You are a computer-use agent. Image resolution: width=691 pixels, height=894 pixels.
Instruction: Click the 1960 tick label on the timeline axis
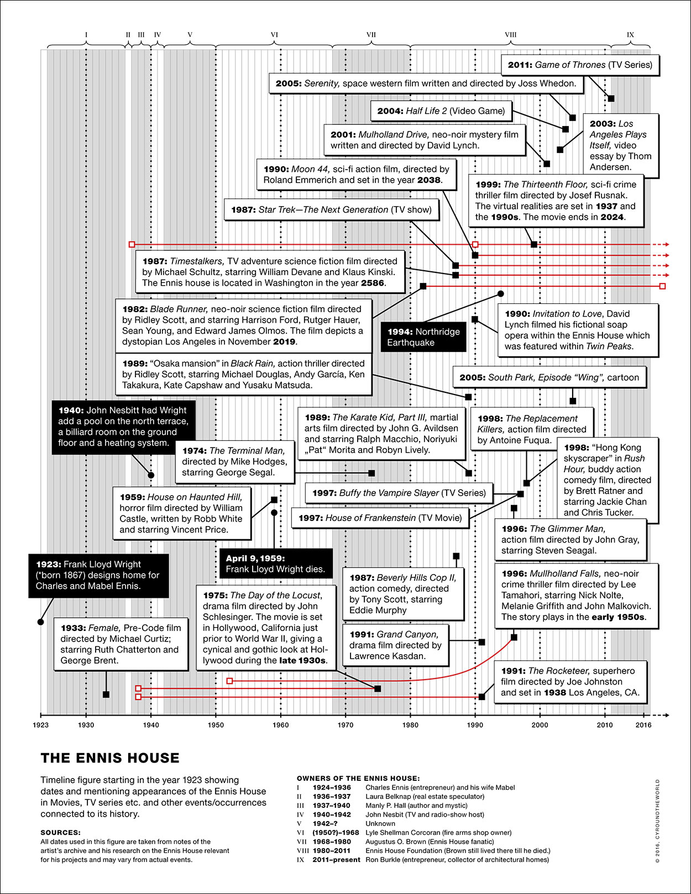(281, 725)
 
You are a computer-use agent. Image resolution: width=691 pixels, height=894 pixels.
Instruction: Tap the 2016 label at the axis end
(643, 725)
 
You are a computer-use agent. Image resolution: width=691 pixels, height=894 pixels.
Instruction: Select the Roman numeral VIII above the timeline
(510, 35)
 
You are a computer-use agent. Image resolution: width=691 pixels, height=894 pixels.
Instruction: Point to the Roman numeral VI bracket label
(274, 35)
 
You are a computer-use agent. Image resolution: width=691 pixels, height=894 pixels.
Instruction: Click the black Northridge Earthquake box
(423, 337)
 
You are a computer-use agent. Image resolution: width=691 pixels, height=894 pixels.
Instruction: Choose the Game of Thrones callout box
(580, 65)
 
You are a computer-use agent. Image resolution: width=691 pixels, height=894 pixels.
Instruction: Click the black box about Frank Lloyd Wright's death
(276, 564)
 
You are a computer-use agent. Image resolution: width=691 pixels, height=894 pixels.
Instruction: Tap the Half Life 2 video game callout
(441, 111)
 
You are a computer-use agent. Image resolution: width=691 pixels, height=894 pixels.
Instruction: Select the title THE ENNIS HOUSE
(110, 758)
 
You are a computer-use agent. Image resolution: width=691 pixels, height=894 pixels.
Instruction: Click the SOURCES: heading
(60, 833)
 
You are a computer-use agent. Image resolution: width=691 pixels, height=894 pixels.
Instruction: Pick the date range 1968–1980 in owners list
(332, 842)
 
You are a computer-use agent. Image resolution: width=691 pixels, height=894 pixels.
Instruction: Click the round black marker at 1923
(40, 622)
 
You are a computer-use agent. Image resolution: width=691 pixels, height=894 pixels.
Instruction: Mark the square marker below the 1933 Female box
(106, 695)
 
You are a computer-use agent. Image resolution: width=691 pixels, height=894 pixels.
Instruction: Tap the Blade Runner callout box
(243, 325)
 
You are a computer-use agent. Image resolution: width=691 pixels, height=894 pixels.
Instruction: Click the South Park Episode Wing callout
(549, 377)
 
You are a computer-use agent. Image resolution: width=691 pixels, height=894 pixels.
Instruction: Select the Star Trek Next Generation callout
(331, 210)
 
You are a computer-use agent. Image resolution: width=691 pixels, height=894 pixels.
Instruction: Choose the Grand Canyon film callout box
(395, 645)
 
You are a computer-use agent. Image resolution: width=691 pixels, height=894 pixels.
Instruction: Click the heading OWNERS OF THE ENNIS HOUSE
(358, 779)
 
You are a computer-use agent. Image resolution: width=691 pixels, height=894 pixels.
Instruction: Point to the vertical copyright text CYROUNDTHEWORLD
(657, 821)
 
